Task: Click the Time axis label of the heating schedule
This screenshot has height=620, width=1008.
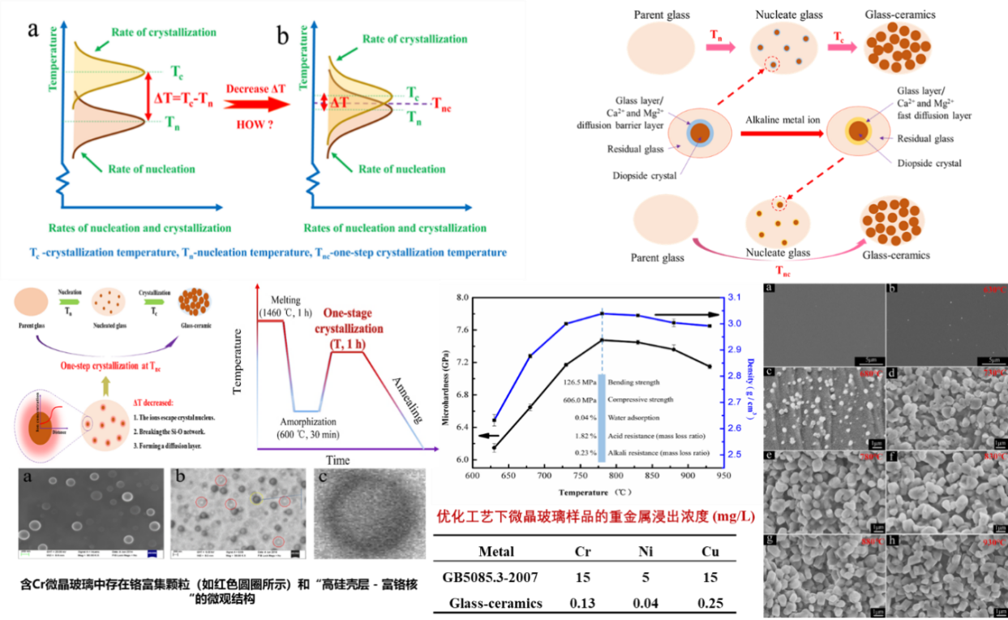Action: (x=337, y=460)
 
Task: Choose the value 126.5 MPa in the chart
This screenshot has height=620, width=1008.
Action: (x=577, y=381)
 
